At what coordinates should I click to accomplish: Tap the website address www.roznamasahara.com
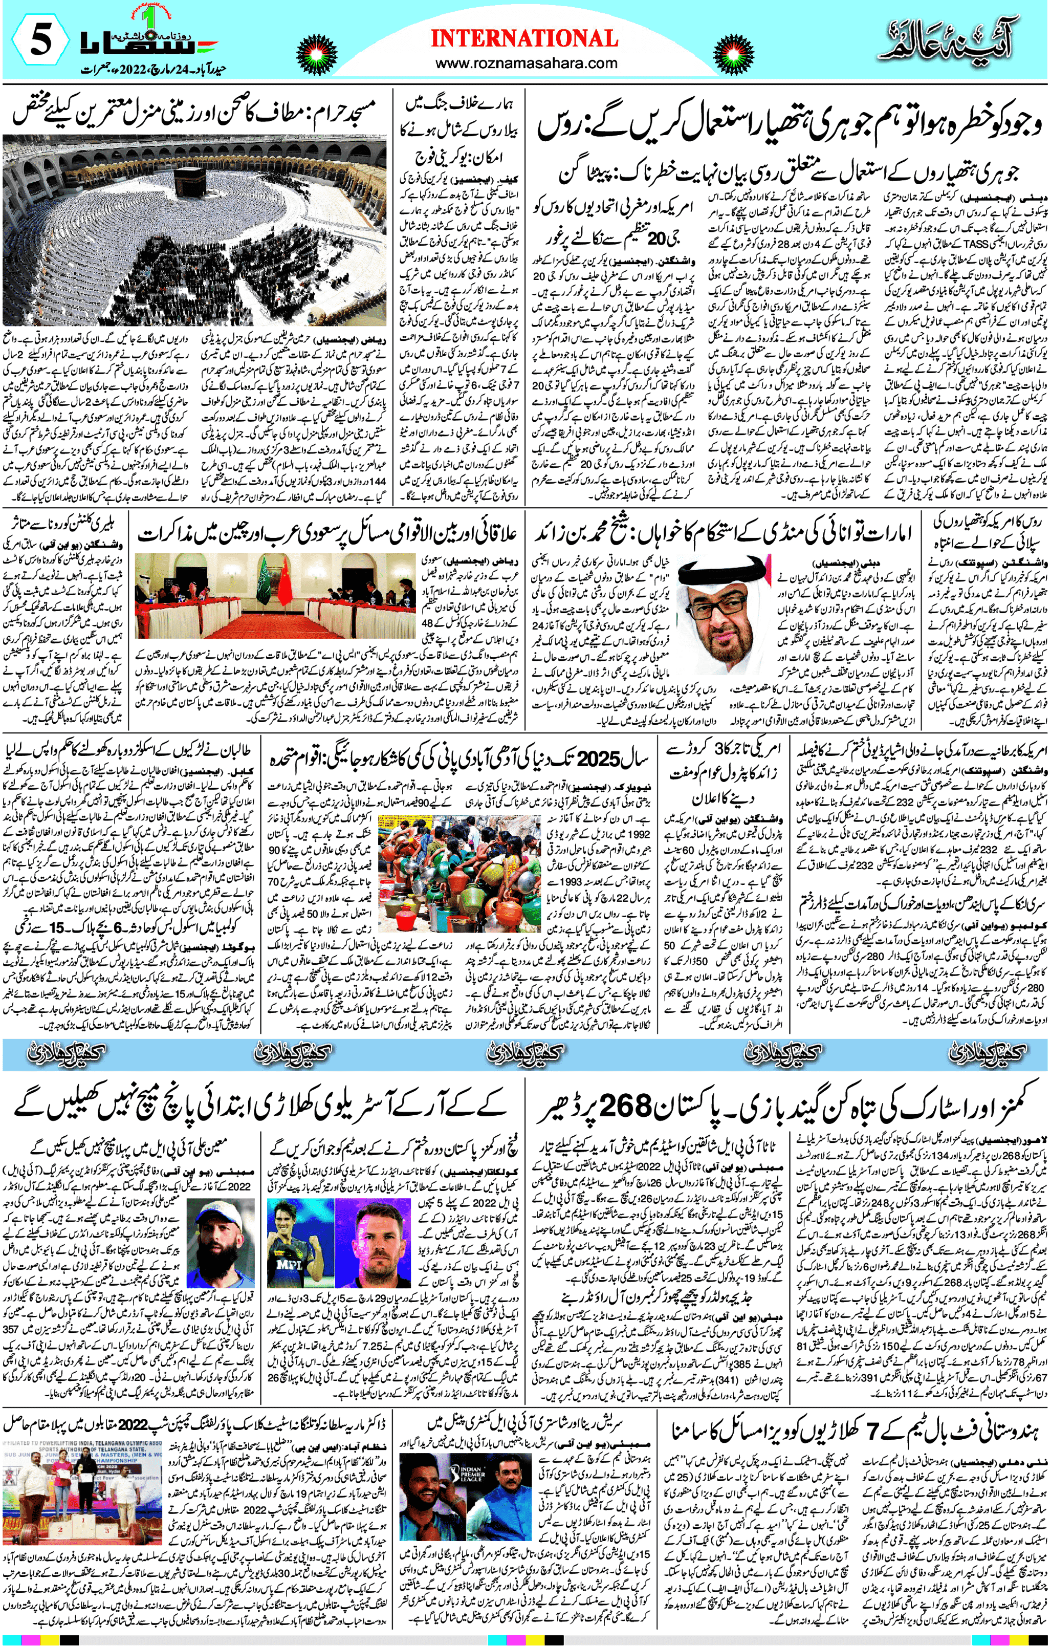pos(525,63)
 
